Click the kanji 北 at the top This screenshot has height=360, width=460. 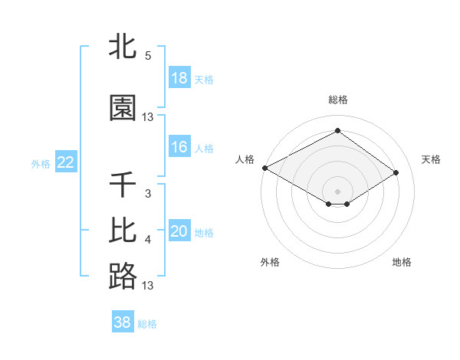pyautogui.click(x=123, y=46)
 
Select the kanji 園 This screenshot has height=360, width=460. pyautogui.click(x=123, y=108)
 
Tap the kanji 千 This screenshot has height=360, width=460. pyautogui.click(x=123, y=185)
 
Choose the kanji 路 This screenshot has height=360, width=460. pyautogui.click(x=123, y=276)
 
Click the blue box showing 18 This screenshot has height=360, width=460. pyautogui.click(x=179, y=78)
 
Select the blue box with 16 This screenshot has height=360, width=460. pyautogui.click(x=179, y=147)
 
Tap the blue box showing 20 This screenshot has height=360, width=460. pyautogui.click(x=179, y=231)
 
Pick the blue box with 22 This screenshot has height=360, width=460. pyautogui.click(x=65, y=162)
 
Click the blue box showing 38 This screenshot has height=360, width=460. pyautogui.click(x=123, y=322)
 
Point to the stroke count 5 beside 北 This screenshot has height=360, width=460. pyautogui.click(x=148, y=56)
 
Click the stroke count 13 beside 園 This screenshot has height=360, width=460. pyautogui.click(x=148, y=117)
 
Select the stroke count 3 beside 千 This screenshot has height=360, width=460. pyautogui.click(x=148, y=194)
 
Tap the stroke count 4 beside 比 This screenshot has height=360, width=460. pyautogui.click(x=148, y=240)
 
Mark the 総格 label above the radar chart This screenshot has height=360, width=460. pyautogui.click(x=337, y=100)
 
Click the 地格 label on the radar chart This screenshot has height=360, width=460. pyautogui.click(x=402, y=262)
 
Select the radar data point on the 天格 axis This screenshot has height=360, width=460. pyautogui.click(x=396, y=173)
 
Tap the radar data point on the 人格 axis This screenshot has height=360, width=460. pyautogui.click(x=264, y=168)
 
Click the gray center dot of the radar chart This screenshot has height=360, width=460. pyautogui.click(x=337, y=191)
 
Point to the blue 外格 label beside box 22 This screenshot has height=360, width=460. pyautogui.click(x=41, y=163)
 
